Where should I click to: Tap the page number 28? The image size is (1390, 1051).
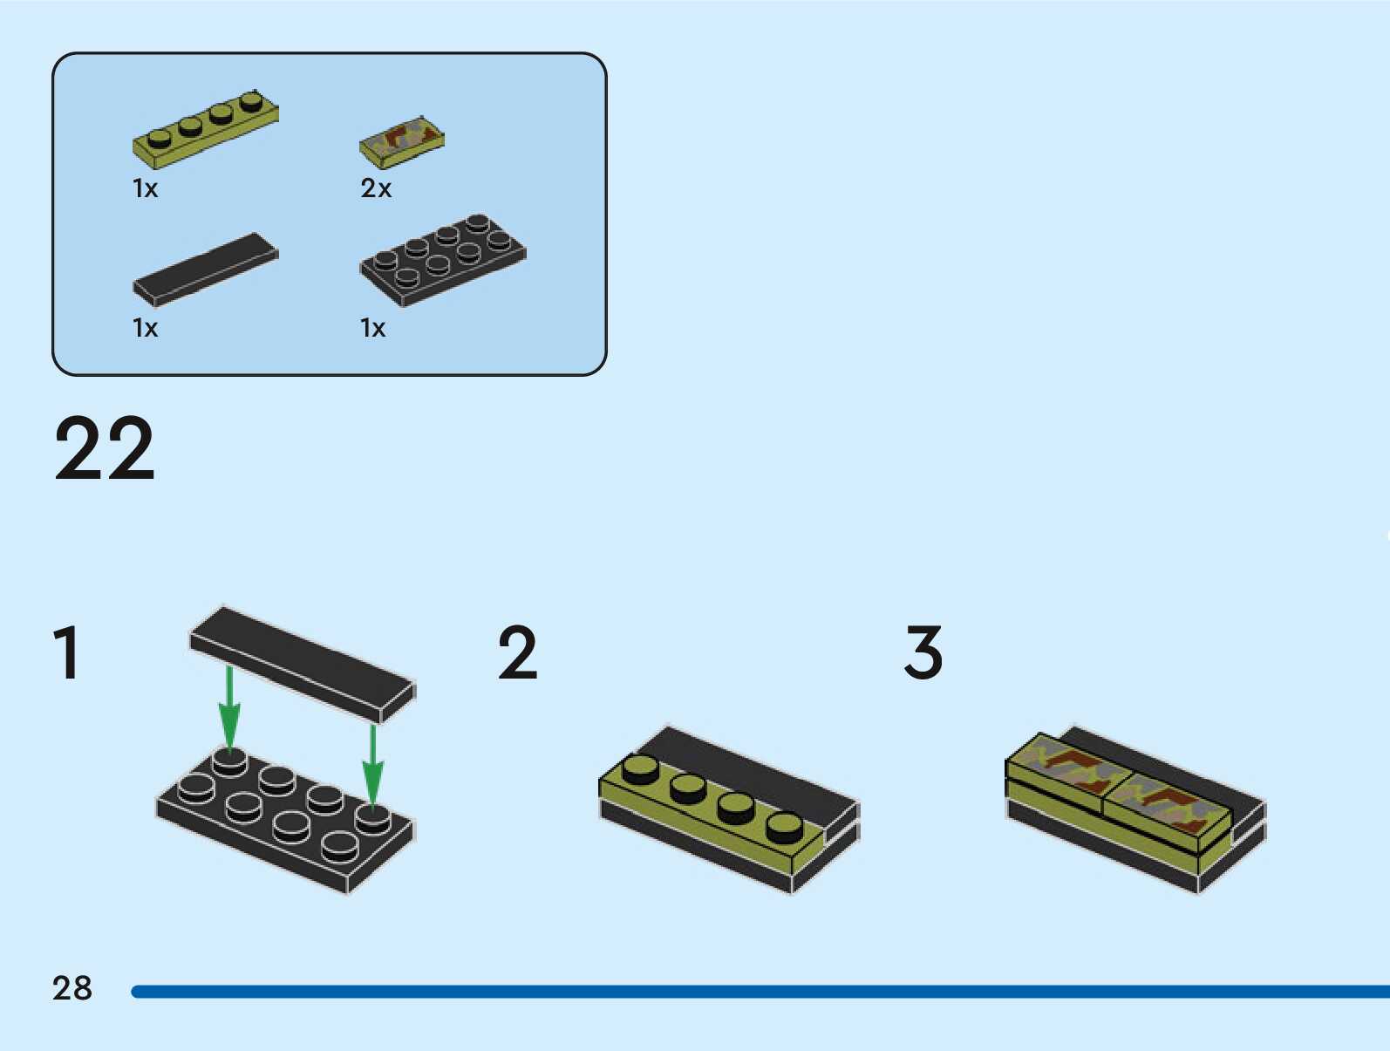coord(72,988)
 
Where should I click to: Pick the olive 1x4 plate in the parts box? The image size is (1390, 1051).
coord(206,129)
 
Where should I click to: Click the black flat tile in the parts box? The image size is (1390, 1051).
coord(206,269)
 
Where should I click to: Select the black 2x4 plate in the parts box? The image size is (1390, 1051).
coord(443,259)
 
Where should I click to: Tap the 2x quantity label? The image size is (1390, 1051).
coord(376,188)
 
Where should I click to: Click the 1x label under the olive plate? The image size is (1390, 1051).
coord(145,188)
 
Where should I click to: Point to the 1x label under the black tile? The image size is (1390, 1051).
coord(145,328)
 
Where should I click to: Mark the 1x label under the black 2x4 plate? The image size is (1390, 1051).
coord(372,328)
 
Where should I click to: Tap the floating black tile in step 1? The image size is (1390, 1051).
coord(302,663)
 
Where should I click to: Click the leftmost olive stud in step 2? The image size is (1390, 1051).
coord(642,769)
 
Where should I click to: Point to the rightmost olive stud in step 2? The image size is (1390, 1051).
coord(785,826)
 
